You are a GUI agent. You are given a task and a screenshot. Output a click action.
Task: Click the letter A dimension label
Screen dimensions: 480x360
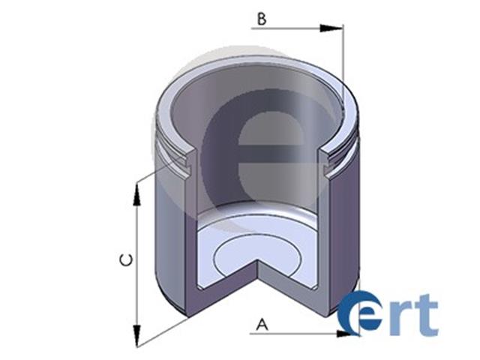262,325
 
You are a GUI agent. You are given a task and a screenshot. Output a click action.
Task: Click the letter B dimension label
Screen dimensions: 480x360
262,19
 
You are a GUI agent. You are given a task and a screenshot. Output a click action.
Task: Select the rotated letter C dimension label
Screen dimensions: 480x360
126,260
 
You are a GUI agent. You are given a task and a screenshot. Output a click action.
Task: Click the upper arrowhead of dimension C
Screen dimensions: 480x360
136,195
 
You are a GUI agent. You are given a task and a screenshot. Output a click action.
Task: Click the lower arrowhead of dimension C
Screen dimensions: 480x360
136,336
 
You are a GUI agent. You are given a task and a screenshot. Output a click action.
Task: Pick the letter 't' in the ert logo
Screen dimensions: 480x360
426,313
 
